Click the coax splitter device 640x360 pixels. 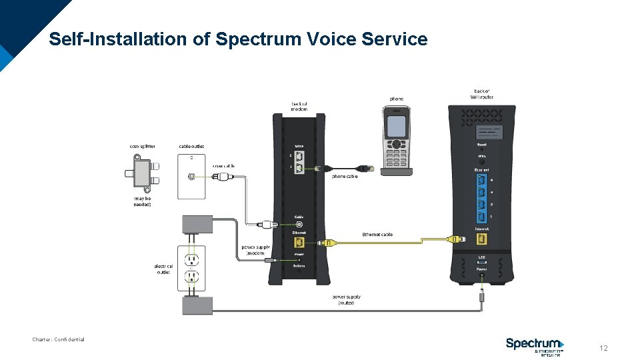tap(141, 172)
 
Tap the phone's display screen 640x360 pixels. tap(397, 125)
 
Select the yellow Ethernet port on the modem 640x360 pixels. tap(299, 243)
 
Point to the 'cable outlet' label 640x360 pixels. tap(191, 146)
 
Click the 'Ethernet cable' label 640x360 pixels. tap(377, 235)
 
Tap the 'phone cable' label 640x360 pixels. tap(345, 177)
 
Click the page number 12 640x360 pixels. tap(603, 348)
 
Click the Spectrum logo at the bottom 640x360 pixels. tap(535, 345)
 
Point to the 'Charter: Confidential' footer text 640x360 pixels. tap(59, 339)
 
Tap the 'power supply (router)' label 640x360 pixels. tap(346, 299)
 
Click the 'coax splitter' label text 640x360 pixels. tap(143, 146)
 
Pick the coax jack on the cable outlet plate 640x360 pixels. tap(192, 177)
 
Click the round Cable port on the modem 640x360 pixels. tap(299, 225)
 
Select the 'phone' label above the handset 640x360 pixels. tap(396, 99)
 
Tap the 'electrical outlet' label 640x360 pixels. tap(164, 269)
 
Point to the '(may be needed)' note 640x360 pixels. tap(142, 201)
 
